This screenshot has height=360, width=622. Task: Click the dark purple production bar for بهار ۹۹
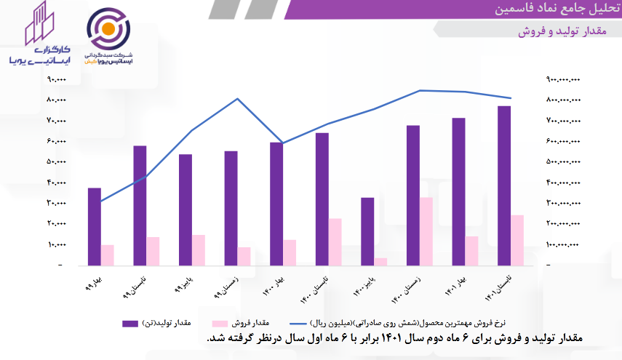click(x=94, y=227)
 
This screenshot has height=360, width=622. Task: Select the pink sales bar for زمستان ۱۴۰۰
click(x=426, y=231)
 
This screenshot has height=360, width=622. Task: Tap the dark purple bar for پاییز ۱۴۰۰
click(x=368, y=231)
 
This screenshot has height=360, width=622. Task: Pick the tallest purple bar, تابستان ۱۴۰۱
click(x=503, y=185)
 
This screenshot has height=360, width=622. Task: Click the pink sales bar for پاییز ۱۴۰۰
click(x=381, y=262)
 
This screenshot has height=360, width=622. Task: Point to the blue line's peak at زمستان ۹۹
click(x=238, y=99)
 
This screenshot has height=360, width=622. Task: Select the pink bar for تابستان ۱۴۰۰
click(x=335, y=241)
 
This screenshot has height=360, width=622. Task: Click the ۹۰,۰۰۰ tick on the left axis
click(x=56, y=79)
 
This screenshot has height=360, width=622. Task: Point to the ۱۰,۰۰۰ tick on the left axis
click(x=56, y=245)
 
